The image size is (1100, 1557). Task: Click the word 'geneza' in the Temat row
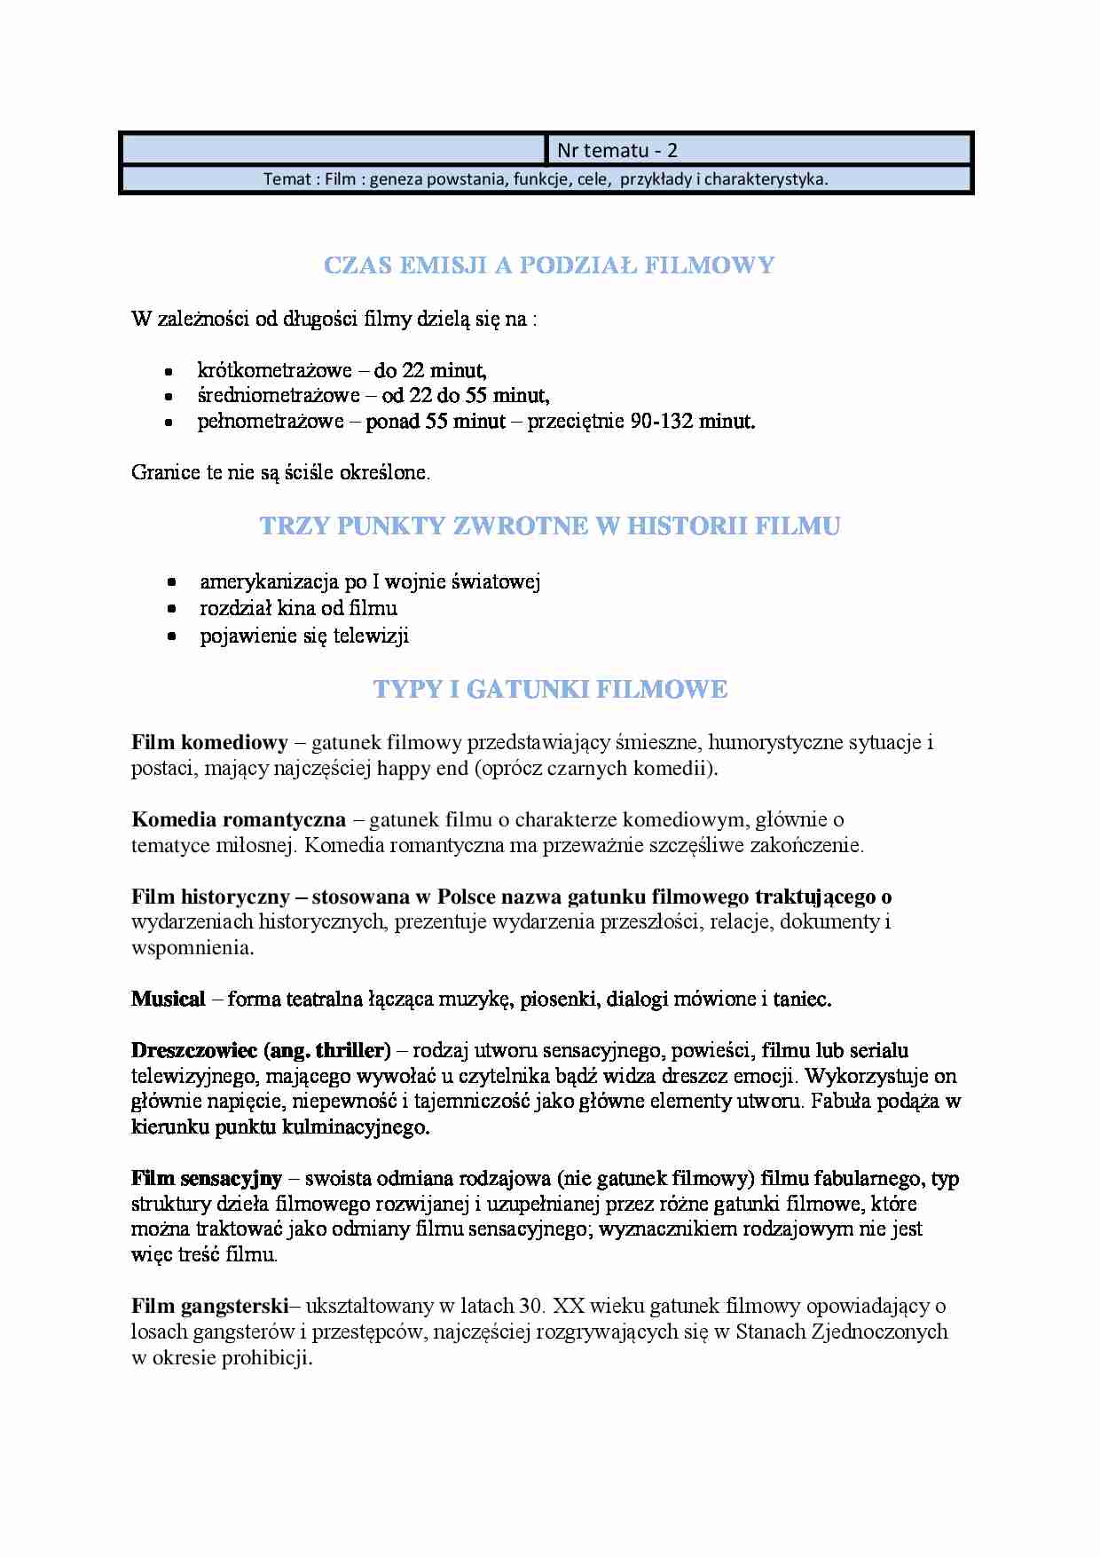click(396, 179)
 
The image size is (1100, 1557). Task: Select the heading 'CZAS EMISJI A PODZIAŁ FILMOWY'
click(549, 265)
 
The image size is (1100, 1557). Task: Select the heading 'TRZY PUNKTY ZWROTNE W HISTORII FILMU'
click(549, 526)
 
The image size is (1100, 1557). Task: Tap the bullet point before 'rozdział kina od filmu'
click(172, 609)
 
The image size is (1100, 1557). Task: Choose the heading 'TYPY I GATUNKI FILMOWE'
click(550, 690)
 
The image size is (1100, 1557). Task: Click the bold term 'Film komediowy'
click(209, 742)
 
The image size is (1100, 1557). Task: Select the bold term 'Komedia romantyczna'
click(238, 819)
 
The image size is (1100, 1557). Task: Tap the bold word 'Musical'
click(168, 1000)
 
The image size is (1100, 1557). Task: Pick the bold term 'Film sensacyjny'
click(206, 1179)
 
